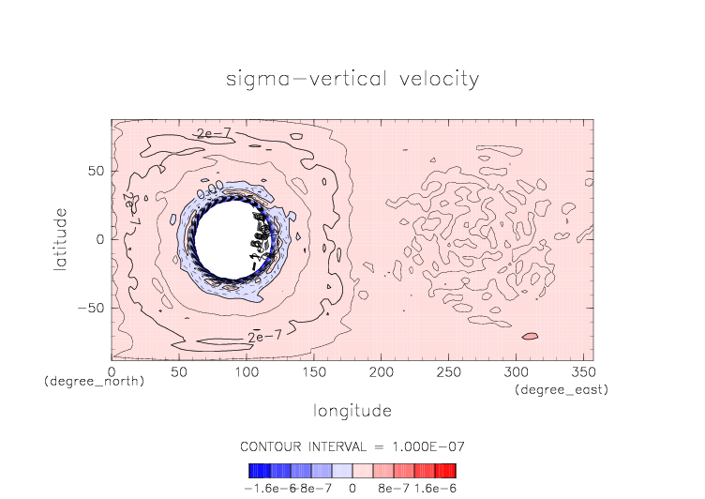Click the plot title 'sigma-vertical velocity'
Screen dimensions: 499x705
point(352,79)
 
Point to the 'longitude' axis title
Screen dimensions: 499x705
point(352,411)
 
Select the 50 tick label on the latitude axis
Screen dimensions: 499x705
point(96,172)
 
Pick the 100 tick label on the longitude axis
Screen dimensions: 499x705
point(246,372)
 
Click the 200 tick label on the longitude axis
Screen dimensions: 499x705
point(381,372)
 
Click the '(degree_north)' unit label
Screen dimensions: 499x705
point(94,382)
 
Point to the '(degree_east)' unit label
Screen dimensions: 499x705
point(562,389)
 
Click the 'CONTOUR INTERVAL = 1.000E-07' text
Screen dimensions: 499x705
point(352,446)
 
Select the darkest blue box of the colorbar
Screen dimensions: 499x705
point(254,471)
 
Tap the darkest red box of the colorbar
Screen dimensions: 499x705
point(451,471)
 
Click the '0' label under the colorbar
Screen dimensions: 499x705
point(352,488)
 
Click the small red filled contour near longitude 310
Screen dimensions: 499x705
point(530,336)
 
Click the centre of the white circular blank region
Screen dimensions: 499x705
point(228,240)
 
